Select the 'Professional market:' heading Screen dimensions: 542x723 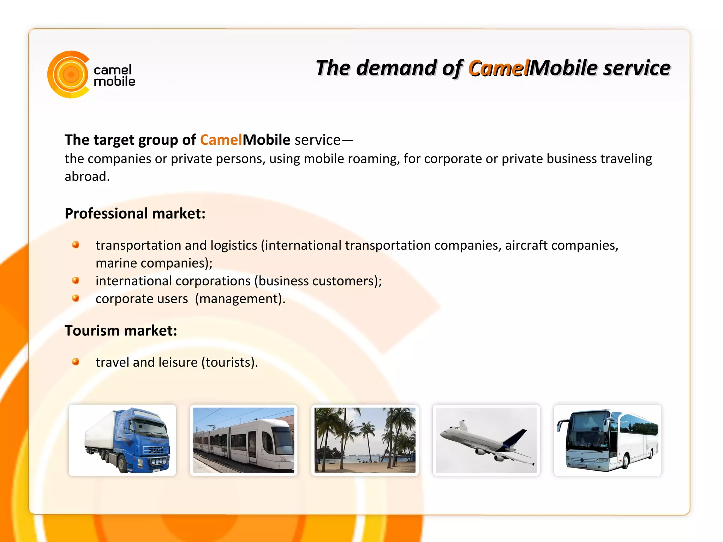[x=135, y=214]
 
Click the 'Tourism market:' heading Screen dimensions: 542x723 [x=121, y=331]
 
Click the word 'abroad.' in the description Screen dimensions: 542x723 [x=87, y=177]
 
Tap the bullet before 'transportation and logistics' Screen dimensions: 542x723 [x=76, y=245]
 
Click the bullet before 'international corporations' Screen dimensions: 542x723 [x=76, y=280]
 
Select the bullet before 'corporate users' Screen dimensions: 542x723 [x=76, y=298]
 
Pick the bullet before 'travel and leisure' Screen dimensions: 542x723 [x=76, y=362]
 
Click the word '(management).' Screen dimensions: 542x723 [x=240, y=299]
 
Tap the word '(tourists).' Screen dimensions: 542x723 [x=229, y=362]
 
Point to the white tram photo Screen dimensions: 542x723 [x=244, y=440]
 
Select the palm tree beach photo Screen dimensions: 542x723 [x=365, y=440]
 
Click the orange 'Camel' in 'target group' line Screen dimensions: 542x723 [x=221, y=140]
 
